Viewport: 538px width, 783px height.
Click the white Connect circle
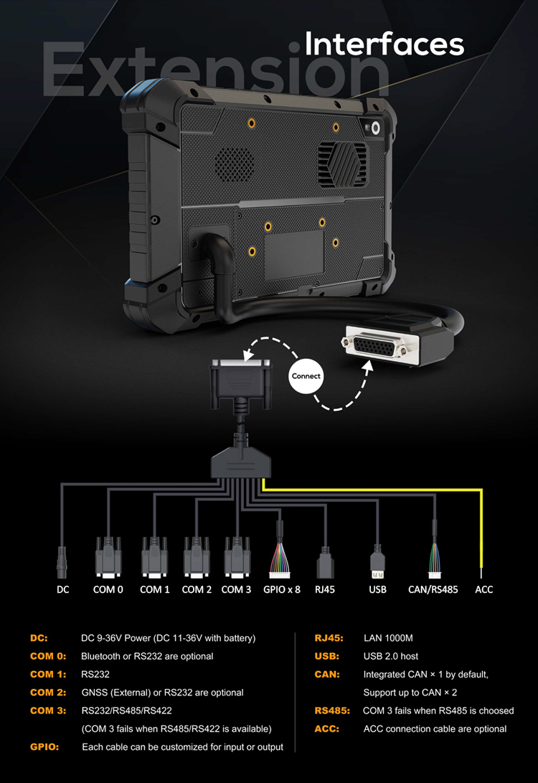click(x=306, y=376)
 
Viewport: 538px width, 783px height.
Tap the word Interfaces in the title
click(x=384, y=44)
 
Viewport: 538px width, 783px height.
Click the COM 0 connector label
click(x=108, y=589)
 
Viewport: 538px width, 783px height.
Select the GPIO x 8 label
click(x=282, y=589)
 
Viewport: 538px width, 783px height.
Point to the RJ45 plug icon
click(x=325, y=563)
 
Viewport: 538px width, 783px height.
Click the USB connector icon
click(x=377, y=562)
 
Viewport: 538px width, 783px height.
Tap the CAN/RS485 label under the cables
click(x=433, y=589)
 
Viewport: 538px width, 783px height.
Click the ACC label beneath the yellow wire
click(x=483, y=589)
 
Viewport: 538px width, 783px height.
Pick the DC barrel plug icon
click(x=62, y=562)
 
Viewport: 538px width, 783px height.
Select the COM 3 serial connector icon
click(x=237, y=558)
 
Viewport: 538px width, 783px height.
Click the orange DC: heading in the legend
click(x=39, y=638)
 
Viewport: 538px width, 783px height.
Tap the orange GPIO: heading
click(x=44, y=746)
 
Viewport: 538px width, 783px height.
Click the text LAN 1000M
click(x=388, y=638)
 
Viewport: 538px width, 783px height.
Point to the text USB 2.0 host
click(x=391, y=656)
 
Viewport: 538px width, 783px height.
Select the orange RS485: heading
click(x=332, y=710)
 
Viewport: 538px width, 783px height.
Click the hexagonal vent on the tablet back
click(x=342, y=163)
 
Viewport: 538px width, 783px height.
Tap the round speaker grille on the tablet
click(x=234, y=164)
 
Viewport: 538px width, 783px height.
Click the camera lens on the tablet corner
click(x=375, y=128)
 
